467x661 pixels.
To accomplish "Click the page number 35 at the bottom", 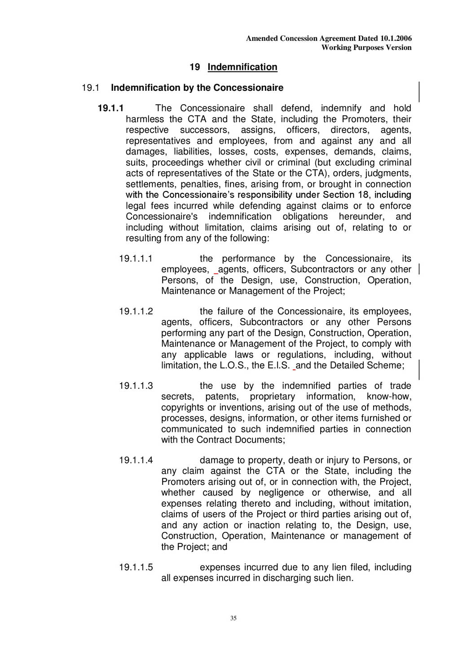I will [x=233, y=618].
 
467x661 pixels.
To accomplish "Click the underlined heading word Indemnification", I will [x=242, y=67].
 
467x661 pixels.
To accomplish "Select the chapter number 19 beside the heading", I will [x=195, y=67].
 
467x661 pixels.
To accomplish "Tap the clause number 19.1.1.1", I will [x=136, y=258].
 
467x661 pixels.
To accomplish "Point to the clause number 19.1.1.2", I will [x=136, y=311].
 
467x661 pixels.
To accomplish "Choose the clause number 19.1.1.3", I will [x=136, y=386].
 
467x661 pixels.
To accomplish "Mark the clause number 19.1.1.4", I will [x=136, y=460].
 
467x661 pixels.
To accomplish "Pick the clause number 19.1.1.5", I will [x=136, y=567].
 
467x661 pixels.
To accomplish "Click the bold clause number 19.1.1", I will [x=110, y=108].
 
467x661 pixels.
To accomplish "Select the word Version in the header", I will [x=399, y=48].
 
